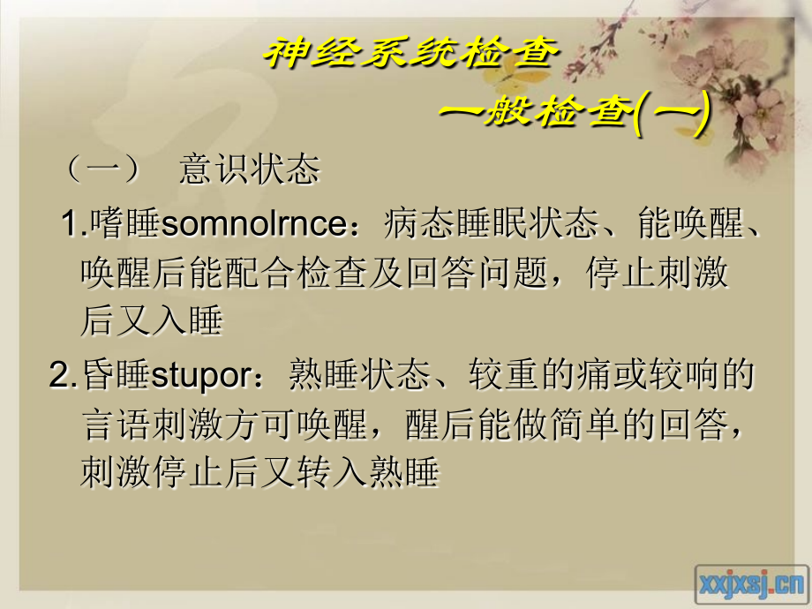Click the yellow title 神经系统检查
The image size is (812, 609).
pos(411,54)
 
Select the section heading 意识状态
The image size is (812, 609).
pos(249,169)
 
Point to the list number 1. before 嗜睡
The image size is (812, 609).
pos(73,226)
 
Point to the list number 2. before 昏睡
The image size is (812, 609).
pos(64,377)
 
